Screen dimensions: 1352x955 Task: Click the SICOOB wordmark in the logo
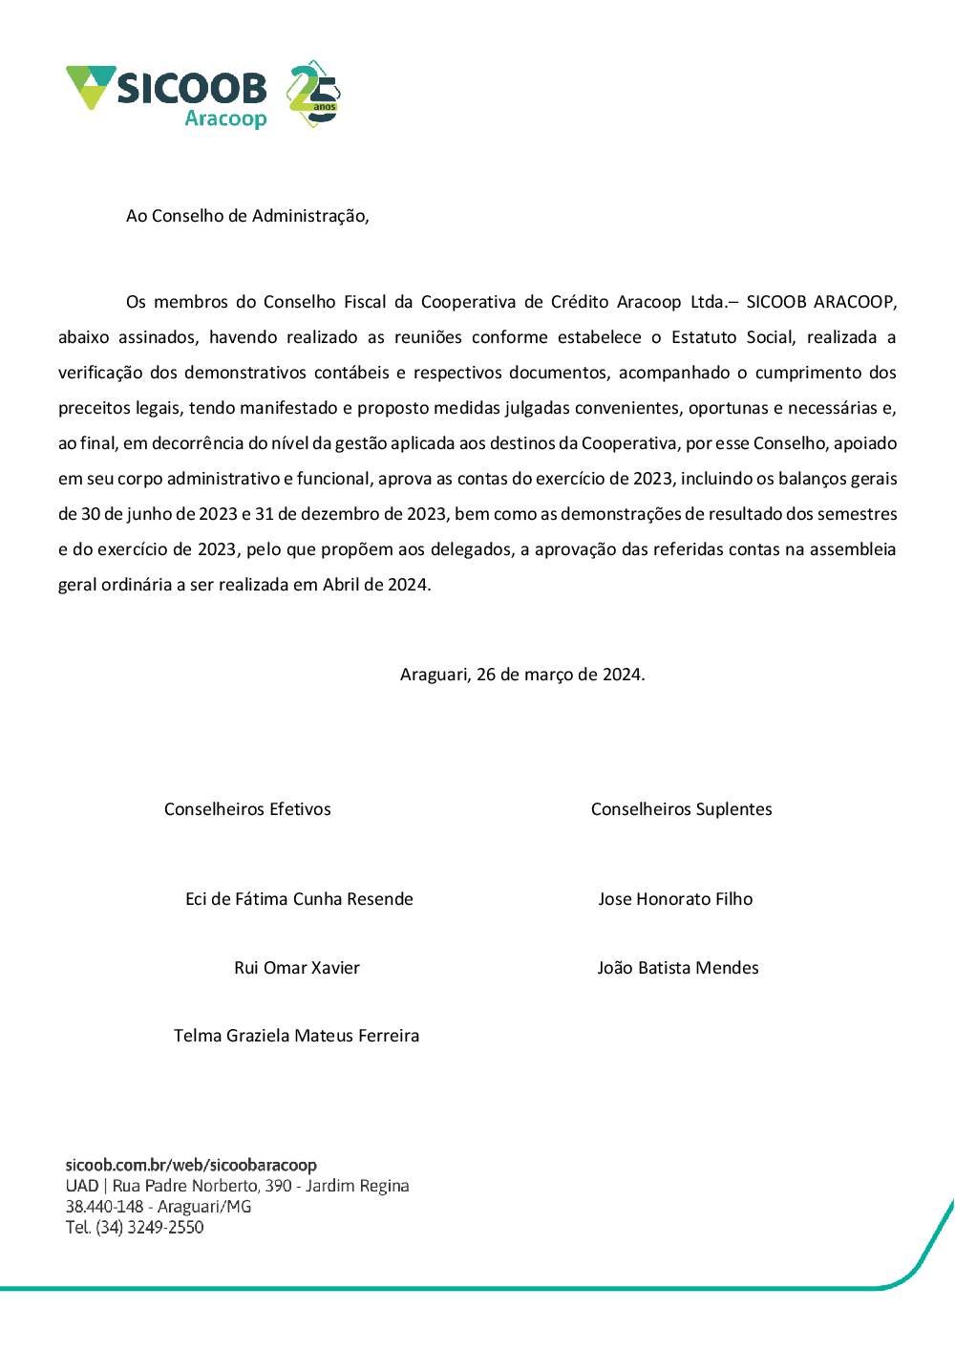tap(191, 89)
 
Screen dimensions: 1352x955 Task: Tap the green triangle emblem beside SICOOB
tap(90, 85)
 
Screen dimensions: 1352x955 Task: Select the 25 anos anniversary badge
tap(314, 94)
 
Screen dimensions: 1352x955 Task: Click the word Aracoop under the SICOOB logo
tap(225, 118)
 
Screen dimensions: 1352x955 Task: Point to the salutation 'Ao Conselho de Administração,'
tap(247, 216)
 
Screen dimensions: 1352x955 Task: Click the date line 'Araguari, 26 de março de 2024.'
tap(522, 675)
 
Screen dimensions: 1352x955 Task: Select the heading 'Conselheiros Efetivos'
tap(247, 809)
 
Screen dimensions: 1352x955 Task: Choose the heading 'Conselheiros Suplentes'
tap(681, 809)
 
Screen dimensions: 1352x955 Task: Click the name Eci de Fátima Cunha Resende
tap(299, 899)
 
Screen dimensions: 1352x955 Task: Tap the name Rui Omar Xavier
tap(297, 968)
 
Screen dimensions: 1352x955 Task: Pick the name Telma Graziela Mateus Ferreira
tap(296, 1036)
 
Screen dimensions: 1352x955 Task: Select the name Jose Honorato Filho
tap(675, 899)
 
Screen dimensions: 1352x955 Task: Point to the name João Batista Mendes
tap(678, 968)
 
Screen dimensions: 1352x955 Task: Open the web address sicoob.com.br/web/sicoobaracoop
tap(191, 1166)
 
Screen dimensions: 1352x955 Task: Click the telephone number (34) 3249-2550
tap(150, 1228)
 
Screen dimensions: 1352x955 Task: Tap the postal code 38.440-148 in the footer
tap(104, 1207)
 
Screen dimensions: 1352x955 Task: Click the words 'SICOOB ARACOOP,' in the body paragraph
tap(821, 302)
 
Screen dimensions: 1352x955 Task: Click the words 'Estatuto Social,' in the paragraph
tap(733, 337)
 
